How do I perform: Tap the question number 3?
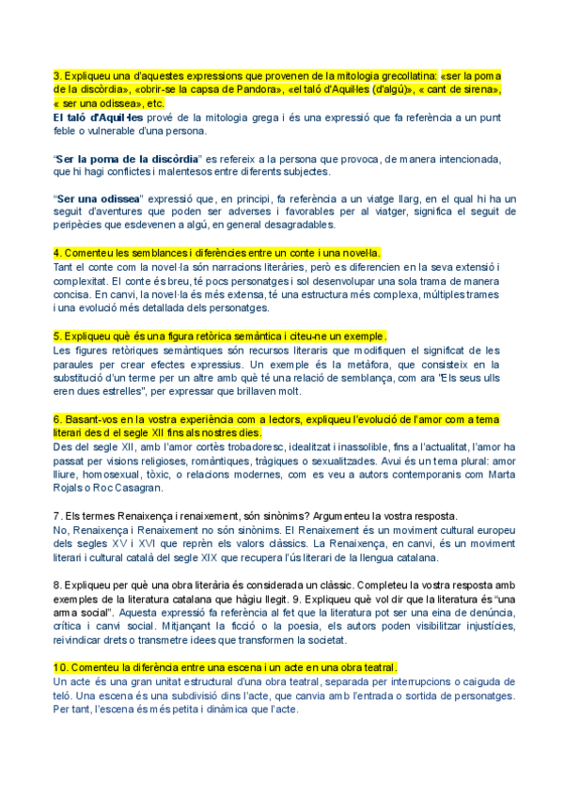coord(56,75)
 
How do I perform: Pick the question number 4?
coord(56,253)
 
